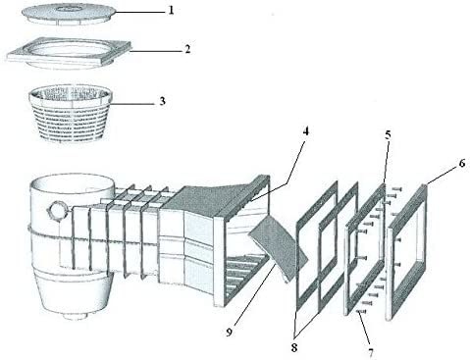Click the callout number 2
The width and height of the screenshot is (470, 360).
(186, 47)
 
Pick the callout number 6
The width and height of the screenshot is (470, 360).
(461, 163)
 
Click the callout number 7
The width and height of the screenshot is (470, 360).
(370, 349)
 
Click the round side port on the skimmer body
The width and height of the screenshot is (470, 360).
(58, 211)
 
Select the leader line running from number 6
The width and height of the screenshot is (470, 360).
(442, 174)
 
